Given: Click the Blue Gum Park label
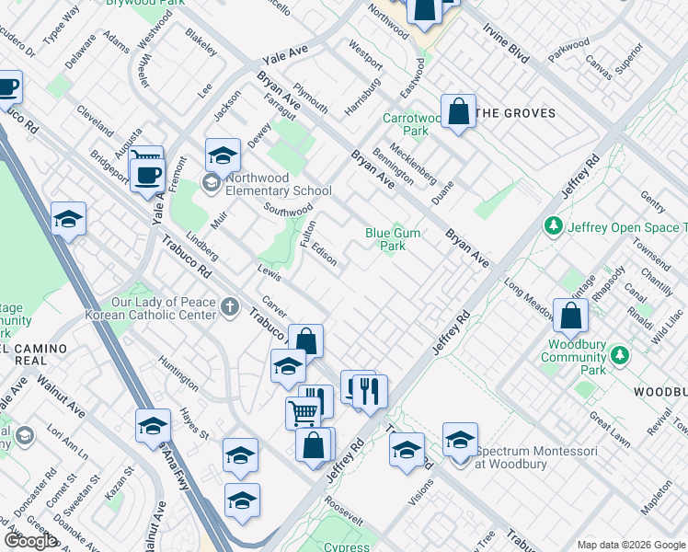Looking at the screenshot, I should click(393, 239).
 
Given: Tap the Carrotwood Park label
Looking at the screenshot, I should click(412, 124).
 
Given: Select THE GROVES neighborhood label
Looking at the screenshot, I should click(517, 113).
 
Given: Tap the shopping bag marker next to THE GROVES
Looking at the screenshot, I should click(458, 112).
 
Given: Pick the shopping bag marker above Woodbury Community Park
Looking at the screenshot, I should click(571, 316).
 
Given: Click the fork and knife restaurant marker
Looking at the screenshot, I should click(370, 391).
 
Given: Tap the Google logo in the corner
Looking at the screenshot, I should click(30, 541).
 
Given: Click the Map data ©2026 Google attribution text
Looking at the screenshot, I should click(630, 545).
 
